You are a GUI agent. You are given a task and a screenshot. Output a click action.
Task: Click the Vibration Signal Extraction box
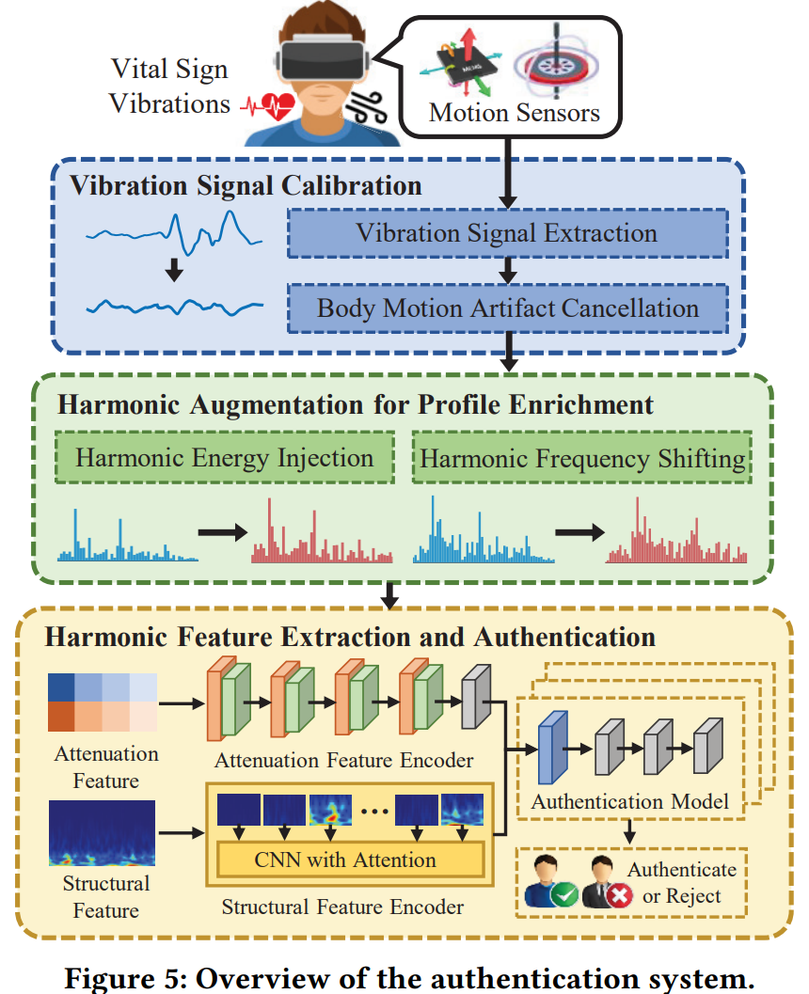pyautogui.click(x=507, y=233)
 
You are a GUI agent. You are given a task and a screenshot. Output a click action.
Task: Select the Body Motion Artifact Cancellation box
pyautogui.click(x=507, y=308)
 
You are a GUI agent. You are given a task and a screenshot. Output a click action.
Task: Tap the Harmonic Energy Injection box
pyautogui.click(x=225, y=458)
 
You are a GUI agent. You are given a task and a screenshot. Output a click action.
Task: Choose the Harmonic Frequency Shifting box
pyautogui.click(x=582, y=458)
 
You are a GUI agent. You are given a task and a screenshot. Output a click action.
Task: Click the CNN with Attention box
pyautogui.click(x=345, y=860)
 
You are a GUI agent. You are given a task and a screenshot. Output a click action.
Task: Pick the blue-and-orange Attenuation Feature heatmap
pyautogui.click(x=103, y=702)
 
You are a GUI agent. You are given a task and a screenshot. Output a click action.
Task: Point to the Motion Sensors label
pyautogui.click(x=514, y=114)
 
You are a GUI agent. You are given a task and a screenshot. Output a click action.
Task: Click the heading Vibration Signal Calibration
pyautogui.click(x=246, y=184)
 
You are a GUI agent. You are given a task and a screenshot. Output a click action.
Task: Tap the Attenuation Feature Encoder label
pyautogui.click(x=343, y=760)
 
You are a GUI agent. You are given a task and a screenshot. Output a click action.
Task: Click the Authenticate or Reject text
pyautogui.click(x=682, y=882)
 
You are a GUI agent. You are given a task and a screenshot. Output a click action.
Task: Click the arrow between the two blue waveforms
pyautogui.click(x=172, y=271)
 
